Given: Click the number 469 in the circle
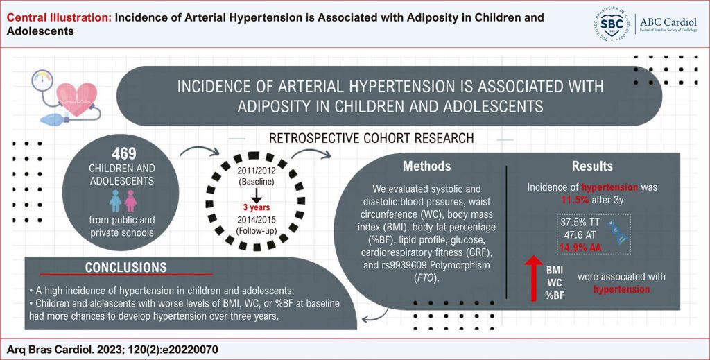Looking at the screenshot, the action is [x=123, y=153].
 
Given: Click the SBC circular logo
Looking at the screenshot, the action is [x=612, y=24].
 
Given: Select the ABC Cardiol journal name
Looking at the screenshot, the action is [x=668, y=22].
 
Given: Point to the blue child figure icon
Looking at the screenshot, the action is [x=116, y=200].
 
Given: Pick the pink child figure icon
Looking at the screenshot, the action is [x=131, y=200].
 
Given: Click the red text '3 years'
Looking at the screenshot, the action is [x=257, y=207].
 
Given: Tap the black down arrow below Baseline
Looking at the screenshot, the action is [x=257, y=195].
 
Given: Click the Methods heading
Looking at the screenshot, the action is [x=426, y=166].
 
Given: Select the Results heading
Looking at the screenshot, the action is [x=592, y=166].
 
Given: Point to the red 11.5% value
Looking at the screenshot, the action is [x=575, y=199].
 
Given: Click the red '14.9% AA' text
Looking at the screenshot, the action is [x=580, y=247].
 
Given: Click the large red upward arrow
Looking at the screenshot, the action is [x=534, y=278].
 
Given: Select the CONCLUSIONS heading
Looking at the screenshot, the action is [x=126, y=267].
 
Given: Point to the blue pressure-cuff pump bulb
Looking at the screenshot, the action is [x=53, y=120].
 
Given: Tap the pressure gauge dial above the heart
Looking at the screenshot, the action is [x=42, y=80].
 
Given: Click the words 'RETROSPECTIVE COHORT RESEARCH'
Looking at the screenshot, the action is [x=372, y=138].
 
